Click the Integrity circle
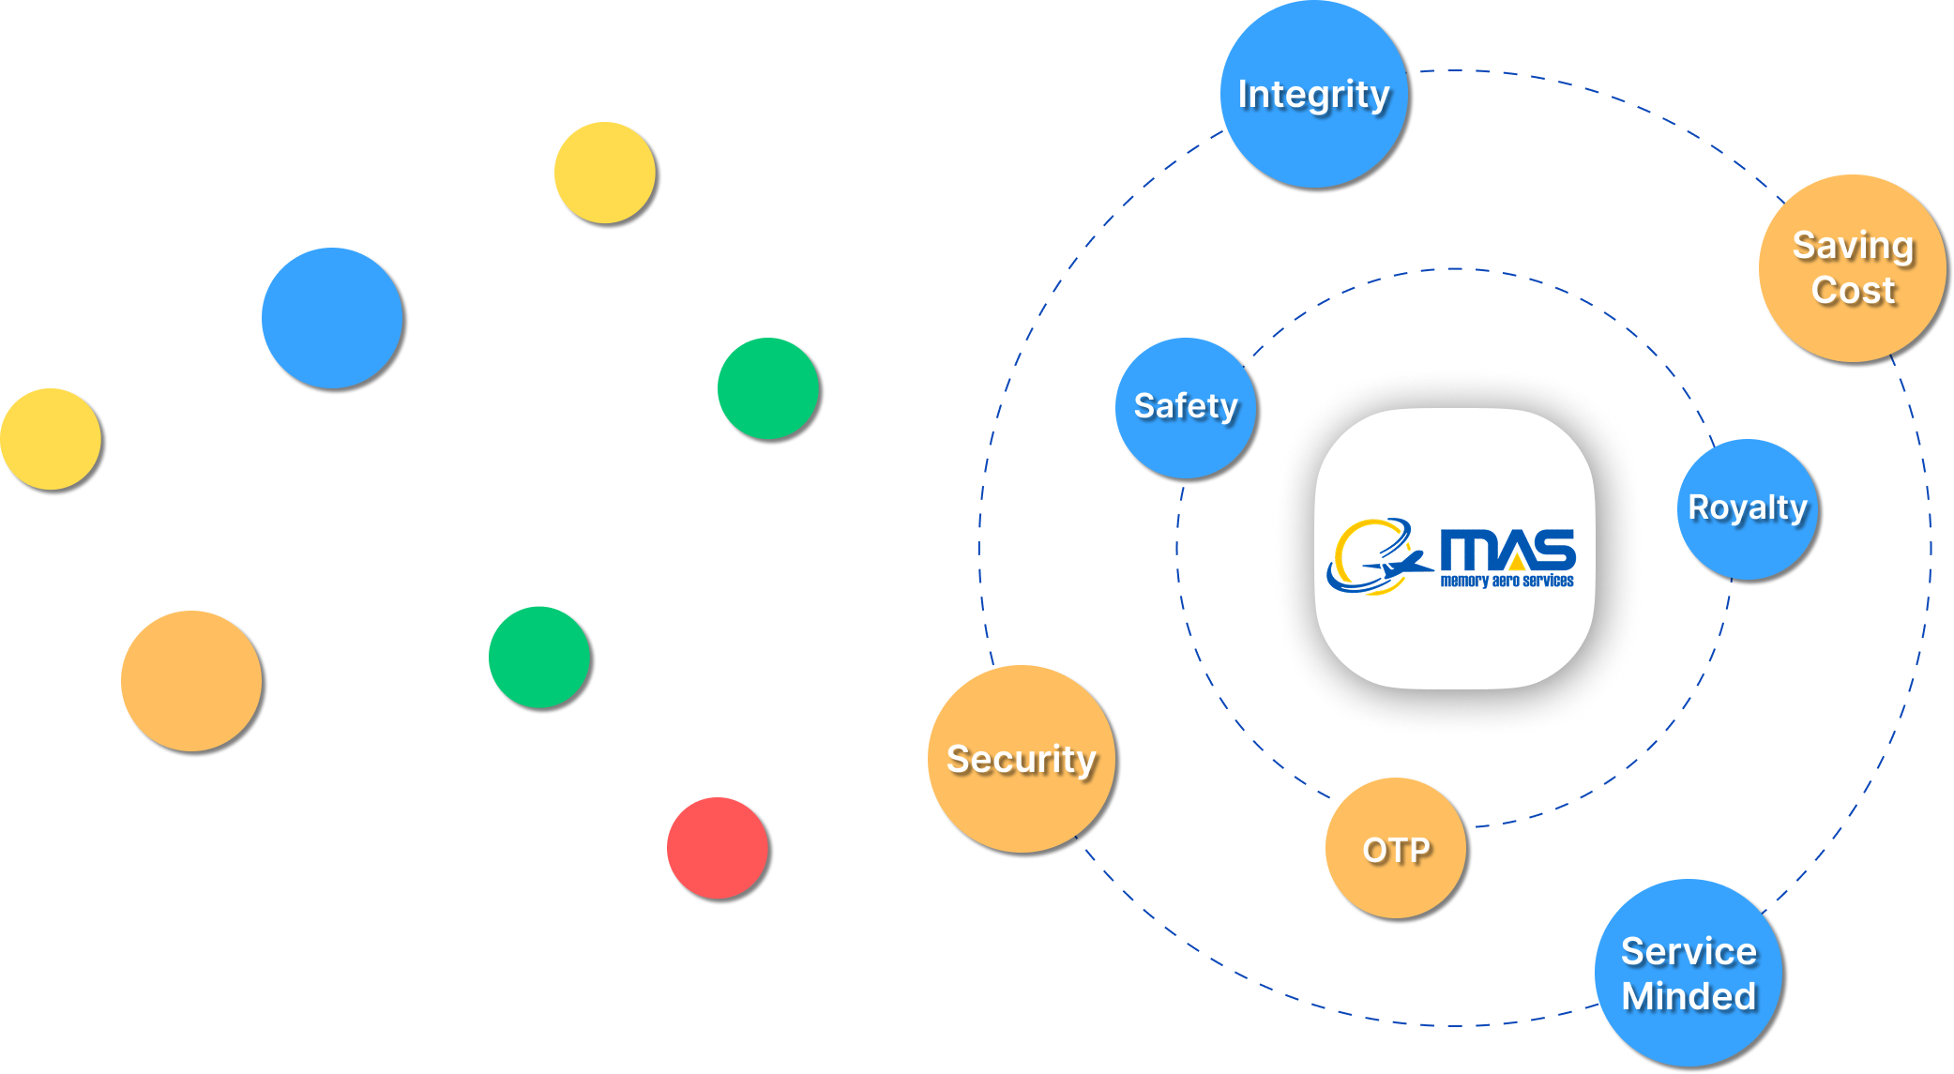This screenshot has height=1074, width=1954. pos(1313,94)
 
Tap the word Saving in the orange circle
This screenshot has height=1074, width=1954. pos(1853,246)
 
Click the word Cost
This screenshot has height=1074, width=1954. pos(1853,291)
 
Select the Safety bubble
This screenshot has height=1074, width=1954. pos(1186,407)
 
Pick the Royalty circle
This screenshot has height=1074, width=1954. pos(1747,508)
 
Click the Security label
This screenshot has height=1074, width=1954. pos(1021,759)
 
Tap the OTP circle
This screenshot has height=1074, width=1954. pos(1396,849)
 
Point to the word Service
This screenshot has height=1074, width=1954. pos(1689,951)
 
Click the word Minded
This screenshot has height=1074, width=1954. pos(1689,996)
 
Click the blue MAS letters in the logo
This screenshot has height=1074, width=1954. pos(1506,551)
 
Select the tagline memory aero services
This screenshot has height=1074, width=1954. pos(1507,582)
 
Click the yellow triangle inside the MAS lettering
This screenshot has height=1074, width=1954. pos(1517,561)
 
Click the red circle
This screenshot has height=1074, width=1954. pos(718,848)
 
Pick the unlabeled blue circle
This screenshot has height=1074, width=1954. pos(332,318)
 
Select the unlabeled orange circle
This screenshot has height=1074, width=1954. pos(191,681)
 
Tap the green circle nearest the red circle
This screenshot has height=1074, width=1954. pos(539,657)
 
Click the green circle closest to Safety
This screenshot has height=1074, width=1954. pos(768,388)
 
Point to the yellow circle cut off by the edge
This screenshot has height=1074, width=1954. pos(49,439)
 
